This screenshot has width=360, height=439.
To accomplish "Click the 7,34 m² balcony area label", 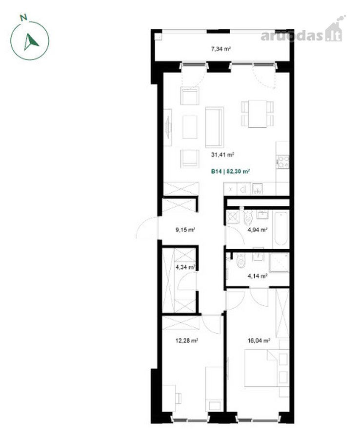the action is click(221, 49).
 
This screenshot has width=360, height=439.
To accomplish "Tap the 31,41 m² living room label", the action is click(223, 154).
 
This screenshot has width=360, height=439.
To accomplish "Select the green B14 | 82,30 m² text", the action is click(230, 171).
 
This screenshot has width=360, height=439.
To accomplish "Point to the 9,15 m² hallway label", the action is click(185, 230).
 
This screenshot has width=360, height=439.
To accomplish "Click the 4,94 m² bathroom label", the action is click(258, 230).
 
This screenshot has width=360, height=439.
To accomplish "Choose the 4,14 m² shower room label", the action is click(258, 276).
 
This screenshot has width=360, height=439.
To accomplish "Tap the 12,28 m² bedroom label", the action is click(187, 341).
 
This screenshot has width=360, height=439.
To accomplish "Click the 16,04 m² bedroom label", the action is click(259, 341).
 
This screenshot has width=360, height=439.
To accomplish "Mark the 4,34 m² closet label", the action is click(185, 267).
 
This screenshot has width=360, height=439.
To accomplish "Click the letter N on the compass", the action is click(24, 18).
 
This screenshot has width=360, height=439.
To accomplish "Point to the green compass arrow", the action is click(31, 42).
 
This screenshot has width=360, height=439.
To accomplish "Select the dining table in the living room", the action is click(258, 114).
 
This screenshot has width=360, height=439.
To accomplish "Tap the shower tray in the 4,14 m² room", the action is click(279, 262).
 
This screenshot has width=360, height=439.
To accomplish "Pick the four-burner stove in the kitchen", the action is click(283, 162).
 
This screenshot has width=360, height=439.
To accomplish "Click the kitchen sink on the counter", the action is click(257, 188).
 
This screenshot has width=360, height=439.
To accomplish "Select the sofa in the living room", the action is click(215, 127).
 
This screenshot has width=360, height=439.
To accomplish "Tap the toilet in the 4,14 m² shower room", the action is click(241, 259).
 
